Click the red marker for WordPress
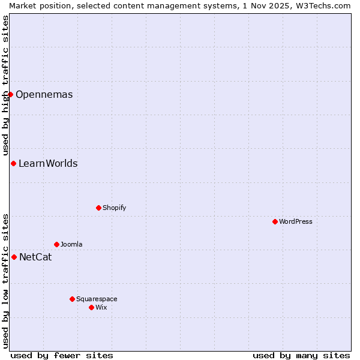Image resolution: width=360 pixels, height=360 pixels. point(275,221)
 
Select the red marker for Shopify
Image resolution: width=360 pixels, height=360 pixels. point(98,208)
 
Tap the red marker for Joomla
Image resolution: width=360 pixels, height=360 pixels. point(56,244)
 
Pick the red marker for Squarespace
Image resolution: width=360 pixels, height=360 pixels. point(72,299)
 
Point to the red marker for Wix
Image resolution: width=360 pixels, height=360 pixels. point(91,307)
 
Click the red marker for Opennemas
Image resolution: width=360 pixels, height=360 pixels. point(10,94)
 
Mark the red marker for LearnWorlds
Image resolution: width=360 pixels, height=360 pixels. point(13,163)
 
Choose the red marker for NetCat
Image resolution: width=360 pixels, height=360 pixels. point(14,257)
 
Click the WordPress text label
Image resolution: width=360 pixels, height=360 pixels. point(296,221)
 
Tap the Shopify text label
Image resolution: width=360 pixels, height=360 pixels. point(115,208)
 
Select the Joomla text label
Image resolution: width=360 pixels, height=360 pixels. point(71,244)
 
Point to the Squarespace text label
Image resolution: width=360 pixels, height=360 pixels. point(97,299)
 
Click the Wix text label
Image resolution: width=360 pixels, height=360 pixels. point(101,307)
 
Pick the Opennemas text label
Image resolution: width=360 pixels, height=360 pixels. point(44,95)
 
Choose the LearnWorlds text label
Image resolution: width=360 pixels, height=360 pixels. point(48,164)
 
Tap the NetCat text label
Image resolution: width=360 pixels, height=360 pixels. point(35,257)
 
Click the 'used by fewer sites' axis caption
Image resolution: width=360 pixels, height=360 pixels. point(62,355)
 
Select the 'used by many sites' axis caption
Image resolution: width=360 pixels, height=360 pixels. point(301,355)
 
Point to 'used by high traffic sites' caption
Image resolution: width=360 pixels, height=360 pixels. point(5,85)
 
